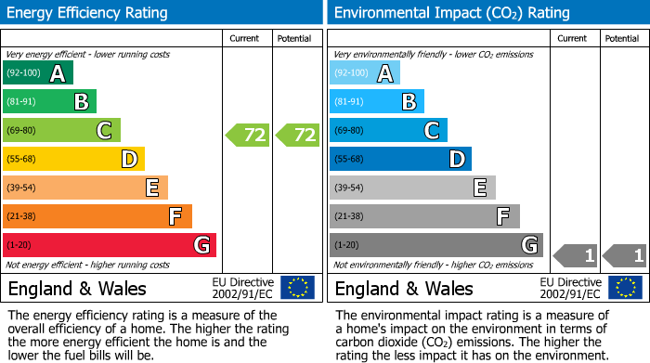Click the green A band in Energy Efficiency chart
tap(37, 73)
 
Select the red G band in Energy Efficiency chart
tap(110, 245)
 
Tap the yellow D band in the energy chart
tap(73, 160)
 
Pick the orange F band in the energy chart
tap(97, 217)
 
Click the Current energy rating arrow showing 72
tap(248, 135)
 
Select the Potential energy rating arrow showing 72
tap(298, 135)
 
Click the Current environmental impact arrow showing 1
tap(575, 254)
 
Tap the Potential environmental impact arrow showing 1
tap(625, 254)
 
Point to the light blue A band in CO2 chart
tap(364, 73)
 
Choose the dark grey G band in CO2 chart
tap(435, 245)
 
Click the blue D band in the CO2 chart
tap(400, 160)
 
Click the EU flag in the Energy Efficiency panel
tap(297, 288)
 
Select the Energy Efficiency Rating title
tap(88, 13)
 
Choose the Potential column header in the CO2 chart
tap(622, 38)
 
